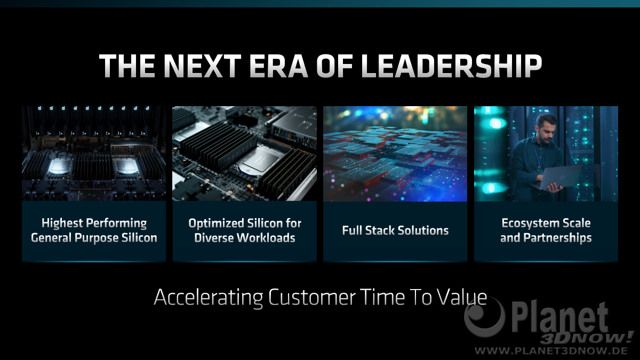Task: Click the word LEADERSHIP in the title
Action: pos(451,66)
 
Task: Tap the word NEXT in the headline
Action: pos(203,66)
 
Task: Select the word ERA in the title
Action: pos(279,66)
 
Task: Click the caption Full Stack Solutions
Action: pos(395,230)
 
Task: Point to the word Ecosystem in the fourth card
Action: pos(528,223)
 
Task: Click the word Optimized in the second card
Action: pos(216,223)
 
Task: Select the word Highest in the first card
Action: pos(62,223)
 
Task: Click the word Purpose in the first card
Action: pos(97,238)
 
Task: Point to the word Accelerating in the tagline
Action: pos(209,298)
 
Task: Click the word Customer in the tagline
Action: pos(312,298)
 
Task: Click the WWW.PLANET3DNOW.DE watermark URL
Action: pos(551,350)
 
